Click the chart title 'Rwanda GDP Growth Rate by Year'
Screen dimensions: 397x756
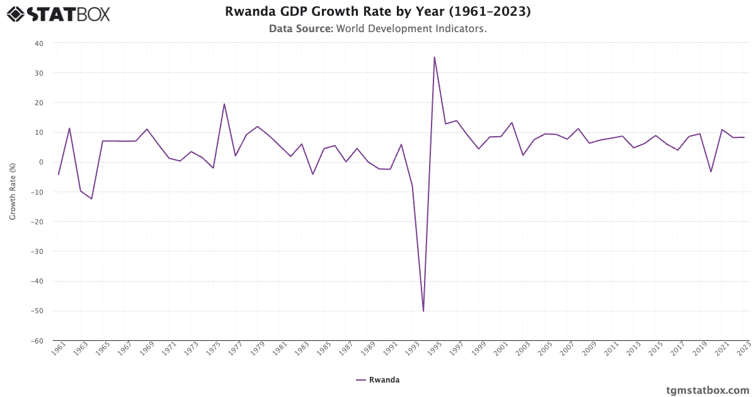(x=377, y=12)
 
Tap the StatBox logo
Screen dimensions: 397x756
(x=59, y=14)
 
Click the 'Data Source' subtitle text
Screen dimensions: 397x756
(x=377, y=29)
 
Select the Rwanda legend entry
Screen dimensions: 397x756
(x=377, y=380)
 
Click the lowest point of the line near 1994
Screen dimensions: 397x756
(x=423, y=311)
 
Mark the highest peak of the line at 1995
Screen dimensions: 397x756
(x=434, y=57)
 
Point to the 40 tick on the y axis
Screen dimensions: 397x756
(x=39, y=43)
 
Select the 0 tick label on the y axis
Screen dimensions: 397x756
(x=41, y=163)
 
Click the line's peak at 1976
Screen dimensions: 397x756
(x=224, y=104)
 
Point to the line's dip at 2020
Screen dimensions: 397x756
(x=711, y=172)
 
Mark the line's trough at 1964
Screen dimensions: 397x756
(x=91, y=198)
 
